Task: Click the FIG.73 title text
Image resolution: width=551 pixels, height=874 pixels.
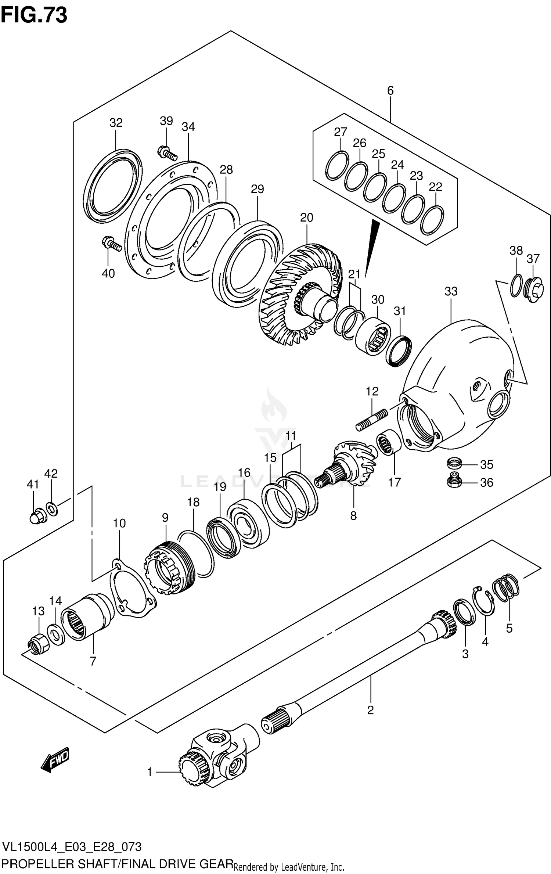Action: click(34, 15)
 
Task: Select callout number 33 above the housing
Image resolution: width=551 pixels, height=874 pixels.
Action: click(451, 291)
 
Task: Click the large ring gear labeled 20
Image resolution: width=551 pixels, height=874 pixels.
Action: click(301, 294)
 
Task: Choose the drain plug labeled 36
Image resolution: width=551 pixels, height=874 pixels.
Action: click(454, 482)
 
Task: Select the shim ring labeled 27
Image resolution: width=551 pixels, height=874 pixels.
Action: click(337, 166)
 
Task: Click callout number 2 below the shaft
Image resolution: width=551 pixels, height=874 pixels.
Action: click(370, 710)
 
